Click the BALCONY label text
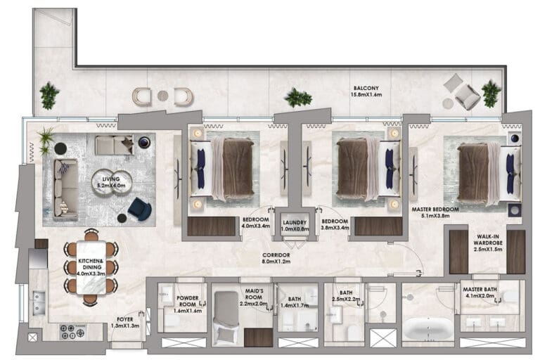pyautogui.click(x=366, y=88)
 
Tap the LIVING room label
pyautogui.click(x=111, y=179)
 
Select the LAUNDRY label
pyautogui.click(x=295, y=223)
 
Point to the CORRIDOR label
pyautogui.click(x=276, y=255)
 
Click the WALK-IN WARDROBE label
pyautogui.click(x=488, y=240)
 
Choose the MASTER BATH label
pyautogui.click(x=480, y=290)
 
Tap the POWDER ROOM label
pyautogui.click(x=188, y=301)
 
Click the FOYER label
pyautogui.click(x=125, y=319)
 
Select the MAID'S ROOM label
pyautogui.click(x=254, y=294)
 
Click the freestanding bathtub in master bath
pyautogui.click(x=428, y=328)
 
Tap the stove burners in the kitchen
pyautogui.click(x=72, y=332)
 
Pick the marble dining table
pyautogui.click(x=91, y=268)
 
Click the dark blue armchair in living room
pyautogui.click(x=139, y=208)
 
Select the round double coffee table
pyautogui.click(x=112, y=181)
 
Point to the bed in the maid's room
pyautogui.click(x=226, y=318)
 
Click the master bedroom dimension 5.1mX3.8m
pyautogui.click(x=435, y=216)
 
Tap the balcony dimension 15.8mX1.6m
pyautogui.click(x=366, y=94)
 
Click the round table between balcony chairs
pyautogui.click(x=163, y=96)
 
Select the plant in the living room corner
pyautogui.click(x=46, y=141)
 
